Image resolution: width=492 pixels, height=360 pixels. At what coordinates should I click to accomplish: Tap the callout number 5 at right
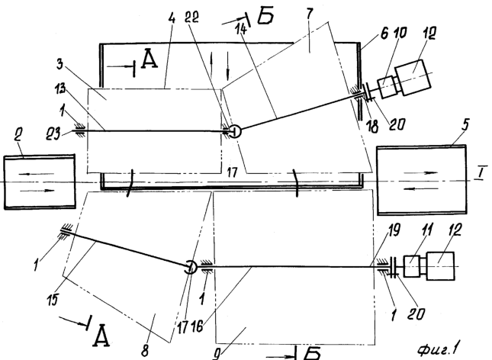[465, 124]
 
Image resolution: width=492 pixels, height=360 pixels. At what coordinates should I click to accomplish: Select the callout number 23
[53, 135]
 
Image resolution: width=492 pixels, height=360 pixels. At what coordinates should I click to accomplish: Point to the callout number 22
[191, 17]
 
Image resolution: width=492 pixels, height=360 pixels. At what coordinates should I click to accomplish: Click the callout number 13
[59, 88]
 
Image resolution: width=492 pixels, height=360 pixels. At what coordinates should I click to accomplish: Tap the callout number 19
[394, 230]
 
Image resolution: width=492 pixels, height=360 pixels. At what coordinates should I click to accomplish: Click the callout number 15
[53, 300]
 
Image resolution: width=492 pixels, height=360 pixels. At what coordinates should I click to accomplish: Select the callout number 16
[196, 327]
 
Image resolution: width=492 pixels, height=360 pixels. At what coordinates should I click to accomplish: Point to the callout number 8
[145, 351]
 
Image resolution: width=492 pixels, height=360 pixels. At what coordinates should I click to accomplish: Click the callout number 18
[373, 126]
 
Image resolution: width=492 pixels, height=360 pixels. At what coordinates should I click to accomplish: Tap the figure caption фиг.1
[439, 348]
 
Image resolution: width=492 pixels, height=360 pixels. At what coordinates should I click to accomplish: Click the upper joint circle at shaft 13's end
[234, 131]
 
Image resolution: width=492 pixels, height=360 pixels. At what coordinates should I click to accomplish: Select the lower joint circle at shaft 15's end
[190, 267]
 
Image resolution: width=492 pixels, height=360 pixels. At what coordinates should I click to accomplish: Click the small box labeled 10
[387, 87]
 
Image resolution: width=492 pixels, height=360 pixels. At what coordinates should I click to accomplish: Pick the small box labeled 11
[412, 266]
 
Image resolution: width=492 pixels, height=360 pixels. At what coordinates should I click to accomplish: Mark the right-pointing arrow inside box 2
[40, 190]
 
